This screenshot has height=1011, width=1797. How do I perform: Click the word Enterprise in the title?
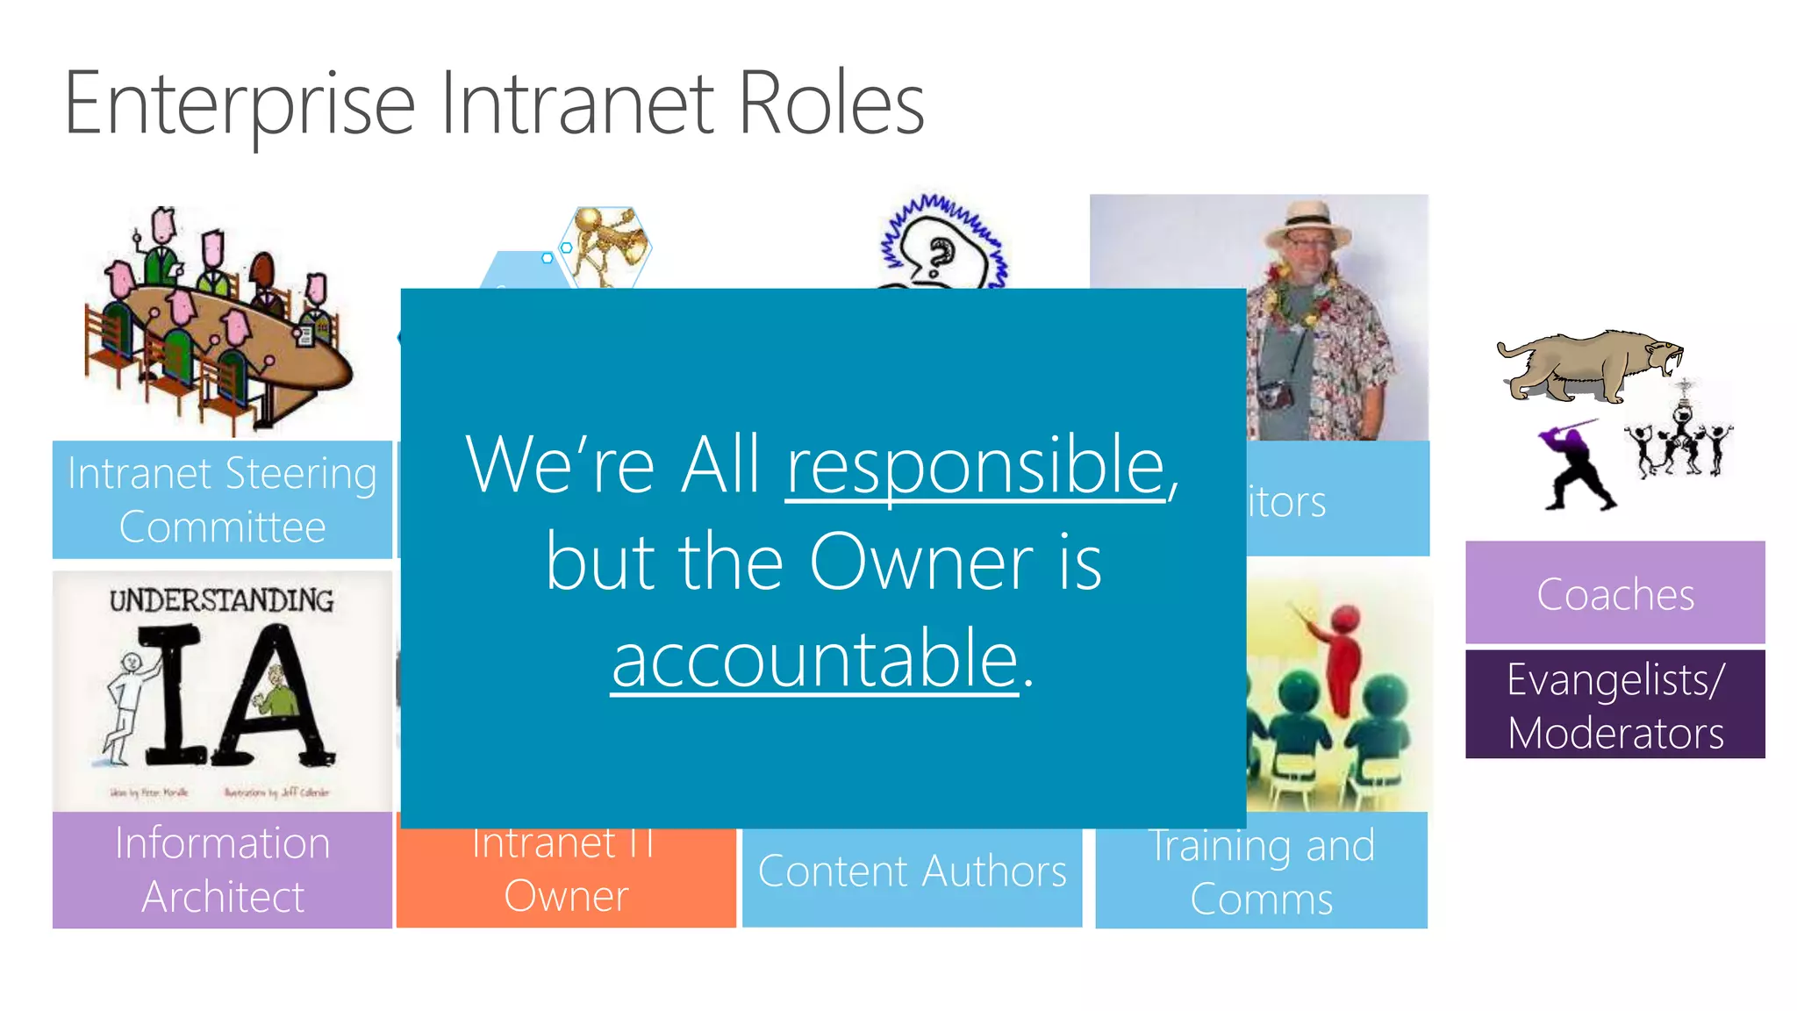point(239,105)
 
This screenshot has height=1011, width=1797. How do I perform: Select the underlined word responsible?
point(975,467)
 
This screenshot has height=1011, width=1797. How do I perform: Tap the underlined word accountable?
point(815,660)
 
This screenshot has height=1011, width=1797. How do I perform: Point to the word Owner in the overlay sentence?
point(921,563)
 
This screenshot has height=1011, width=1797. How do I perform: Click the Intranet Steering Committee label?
point(222,499)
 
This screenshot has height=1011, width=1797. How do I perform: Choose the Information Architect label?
point(222,870)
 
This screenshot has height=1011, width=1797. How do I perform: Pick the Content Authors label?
point(912,871)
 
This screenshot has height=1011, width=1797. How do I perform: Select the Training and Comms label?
point(1261,871)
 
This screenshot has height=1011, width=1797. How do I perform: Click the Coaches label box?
point(1614,594)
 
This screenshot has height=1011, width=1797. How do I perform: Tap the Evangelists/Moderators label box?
point(1614,705)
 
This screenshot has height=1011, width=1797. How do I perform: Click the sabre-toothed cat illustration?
point(1588,364)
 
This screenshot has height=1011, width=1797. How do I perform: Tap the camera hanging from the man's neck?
point(1275,394)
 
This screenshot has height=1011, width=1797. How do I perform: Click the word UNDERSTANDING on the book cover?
point(221,600)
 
